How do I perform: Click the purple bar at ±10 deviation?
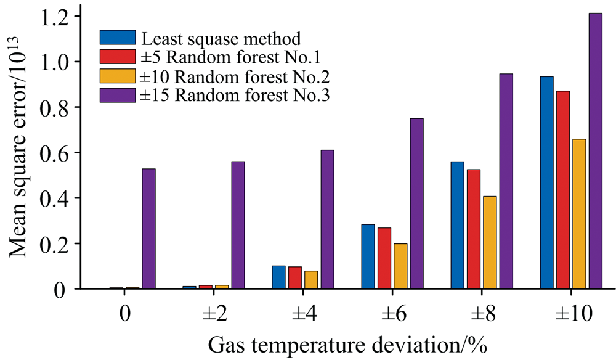(x=595, y=151)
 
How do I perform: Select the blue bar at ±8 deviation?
(x=458, y=225)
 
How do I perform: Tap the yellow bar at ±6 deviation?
(x=401, y=266)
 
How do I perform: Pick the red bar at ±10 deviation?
(x=563, y=190)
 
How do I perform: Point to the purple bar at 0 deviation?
(x=149, y=229)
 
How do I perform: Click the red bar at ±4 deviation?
(x=295, y=277)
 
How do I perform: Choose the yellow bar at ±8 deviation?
(x=490, y=242)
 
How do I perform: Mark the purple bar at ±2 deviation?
(x=238, y=225)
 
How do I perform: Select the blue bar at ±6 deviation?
(x=368, y=256)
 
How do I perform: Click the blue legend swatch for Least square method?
(x=118, y=38)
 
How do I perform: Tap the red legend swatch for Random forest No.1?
(x=118, y=56)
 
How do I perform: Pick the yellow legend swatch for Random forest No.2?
(x=118, y=75)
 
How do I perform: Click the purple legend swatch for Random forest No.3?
(x=118, y=95)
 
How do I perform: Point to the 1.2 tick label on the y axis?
(x=55, y=17)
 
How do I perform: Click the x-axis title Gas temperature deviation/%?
(x=347, y=345)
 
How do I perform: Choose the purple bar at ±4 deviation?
(x=328, y=219)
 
